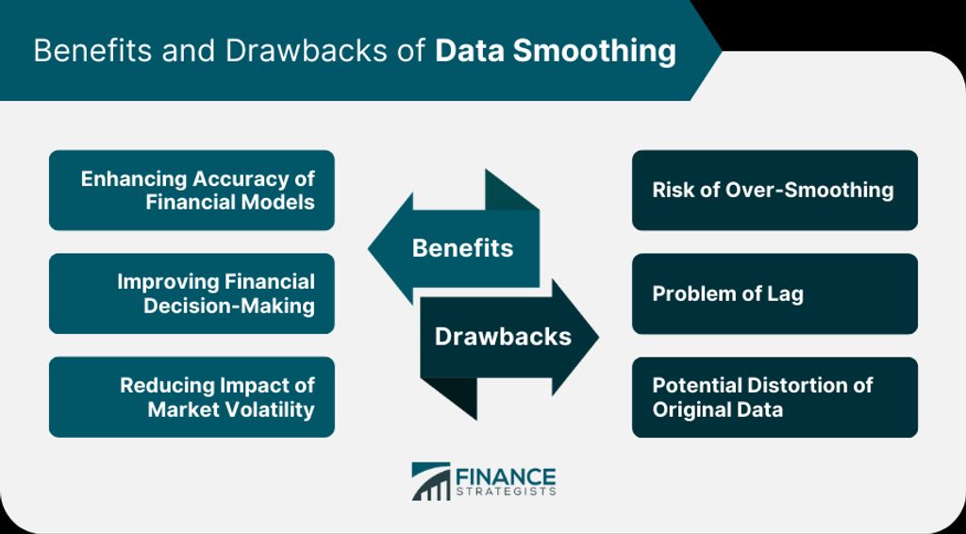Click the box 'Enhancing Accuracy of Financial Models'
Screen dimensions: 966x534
192,191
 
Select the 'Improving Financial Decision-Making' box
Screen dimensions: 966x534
192,293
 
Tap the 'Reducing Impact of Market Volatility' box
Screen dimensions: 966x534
192,397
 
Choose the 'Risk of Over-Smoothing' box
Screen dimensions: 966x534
774,191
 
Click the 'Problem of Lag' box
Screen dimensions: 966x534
774,293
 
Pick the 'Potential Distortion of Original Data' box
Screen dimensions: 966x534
774,397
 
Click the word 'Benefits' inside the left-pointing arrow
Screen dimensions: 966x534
462,248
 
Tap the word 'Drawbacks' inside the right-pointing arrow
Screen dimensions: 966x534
503,337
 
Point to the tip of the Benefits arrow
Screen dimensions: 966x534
369,249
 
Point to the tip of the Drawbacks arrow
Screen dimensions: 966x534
598,337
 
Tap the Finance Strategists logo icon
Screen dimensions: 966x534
431,482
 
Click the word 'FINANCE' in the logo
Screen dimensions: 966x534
506,476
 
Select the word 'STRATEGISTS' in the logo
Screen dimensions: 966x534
506,492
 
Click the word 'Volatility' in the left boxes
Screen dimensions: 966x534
271,409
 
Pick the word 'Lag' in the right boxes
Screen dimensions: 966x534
786,294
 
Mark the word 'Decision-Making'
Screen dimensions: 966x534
229,306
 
